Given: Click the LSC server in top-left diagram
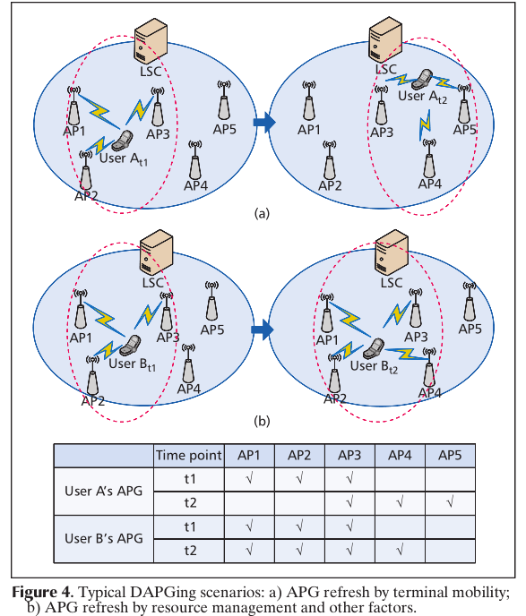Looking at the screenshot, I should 151,42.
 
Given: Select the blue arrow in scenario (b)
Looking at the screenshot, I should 262,330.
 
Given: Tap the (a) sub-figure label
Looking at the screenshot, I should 262,213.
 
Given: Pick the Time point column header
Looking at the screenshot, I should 188,455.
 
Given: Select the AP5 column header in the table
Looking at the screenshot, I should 450,455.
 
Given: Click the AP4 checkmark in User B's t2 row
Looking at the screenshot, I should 400,549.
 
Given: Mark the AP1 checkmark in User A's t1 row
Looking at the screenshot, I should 249,479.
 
